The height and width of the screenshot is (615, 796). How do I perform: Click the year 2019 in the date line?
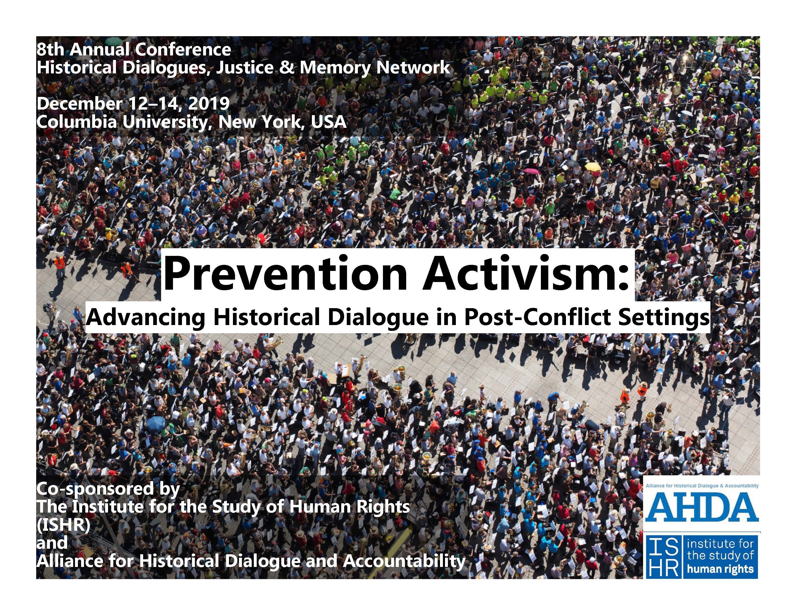(x=209, y=104)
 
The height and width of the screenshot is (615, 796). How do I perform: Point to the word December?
(x=79, y=104)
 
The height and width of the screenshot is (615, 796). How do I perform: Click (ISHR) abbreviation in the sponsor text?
(x=63, y=525)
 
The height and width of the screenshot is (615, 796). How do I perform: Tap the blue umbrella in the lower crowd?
(x=156, y=423)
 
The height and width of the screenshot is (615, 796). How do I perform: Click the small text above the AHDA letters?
(x=702, y=486)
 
